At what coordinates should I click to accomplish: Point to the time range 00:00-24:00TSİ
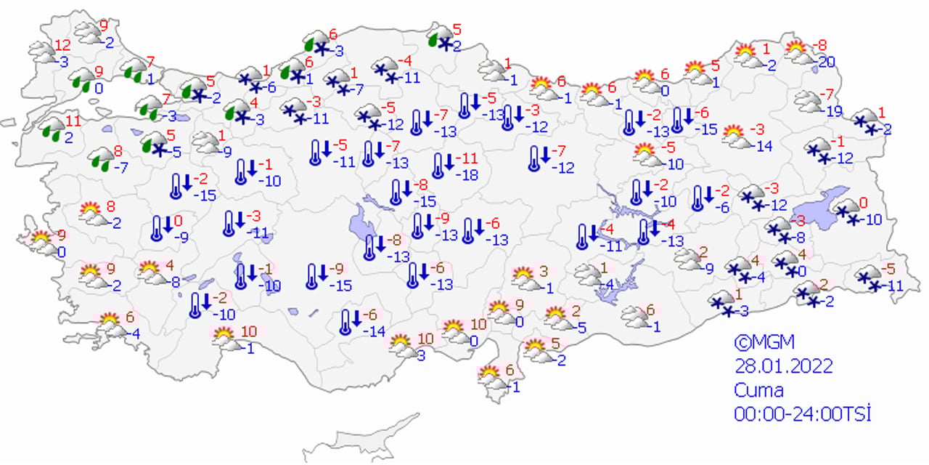click(801, 413)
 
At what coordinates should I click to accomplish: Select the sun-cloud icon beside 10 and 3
click(400, 344)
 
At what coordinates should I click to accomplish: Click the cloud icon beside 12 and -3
click(42, 52)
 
